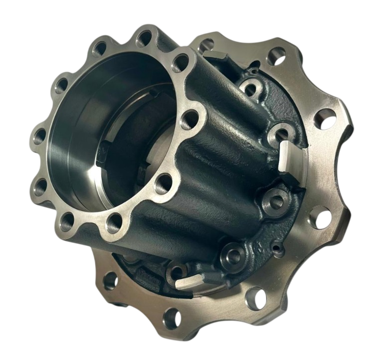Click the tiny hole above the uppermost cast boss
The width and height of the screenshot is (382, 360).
(x=256, y=63)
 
